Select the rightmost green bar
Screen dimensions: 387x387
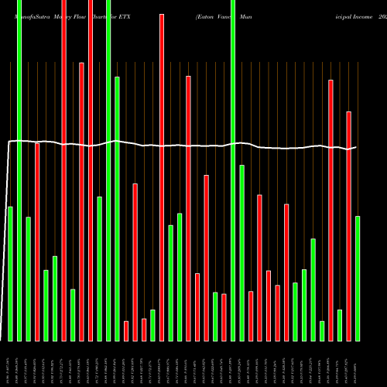pos(358,278)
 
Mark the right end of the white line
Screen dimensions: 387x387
pos(357,147)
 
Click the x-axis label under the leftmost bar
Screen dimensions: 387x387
pos(10,364)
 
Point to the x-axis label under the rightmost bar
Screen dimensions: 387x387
pos(358,364)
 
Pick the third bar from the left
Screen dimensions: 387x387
pos(28,279)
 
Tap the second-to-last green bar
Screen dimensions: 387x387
pos(340,325)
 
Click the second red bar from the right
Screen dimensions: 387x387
pos(330,210)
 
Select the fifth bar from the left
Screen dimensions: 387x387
pos(46,305)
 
